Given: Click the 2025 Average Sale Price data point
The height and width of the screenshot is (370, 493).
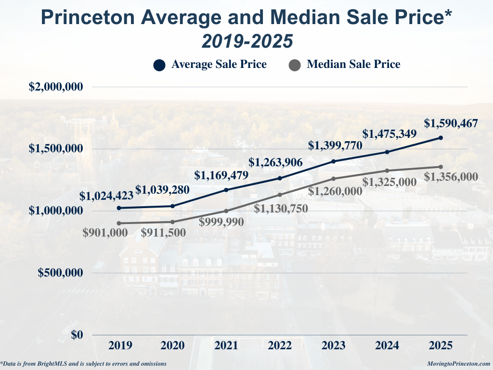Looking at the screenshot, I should pyautogui.click(x=441, y=138).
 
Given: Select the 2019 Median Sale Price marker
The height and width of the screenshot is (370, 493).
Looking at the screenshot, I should pyautogui.click(x=119, y=223).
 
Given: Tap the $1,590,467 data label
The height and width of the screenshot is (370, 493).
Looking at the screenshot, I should pyautogui.click(x=451, y=124).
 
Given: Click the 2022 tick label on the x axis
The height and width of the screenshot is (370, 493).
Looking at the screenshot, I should pyautogui.click(x=280, y=345).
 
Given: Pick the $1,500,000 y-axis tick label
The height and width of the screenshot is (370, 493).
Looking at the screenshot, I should pyautogui.click(x=56, y=149).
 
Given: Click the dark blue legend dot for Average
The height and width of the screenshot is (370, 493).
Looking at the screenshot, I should pyautogui.click(x=159, y=65).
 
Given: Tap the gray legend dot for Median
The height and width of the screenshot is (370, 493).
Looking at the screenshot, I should pyautogui.click(x=295, y=65).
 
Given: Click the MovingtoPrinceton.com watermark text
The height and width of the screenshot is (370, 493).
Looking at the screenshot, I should pyautogui.click(x=458, y=364).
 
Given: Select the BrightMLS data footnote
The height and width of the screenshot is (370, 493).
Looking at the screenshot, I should pyautogui.click(x=84, y=364).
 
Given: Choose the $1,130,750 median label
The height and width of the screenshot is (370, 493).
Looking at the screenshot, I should pyautogui.click(x=281, y=209).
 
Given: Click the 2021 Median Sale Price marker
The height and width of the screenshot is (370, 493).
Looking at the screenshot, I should pyautogui.click(x=226, y=211).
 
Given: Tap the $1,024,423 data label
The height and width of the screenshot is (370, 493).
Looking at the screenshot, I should pyautogui.click(x=106, y=196).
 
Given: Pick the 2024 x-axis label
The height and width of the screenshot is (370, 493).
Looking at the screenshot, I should pyautogui.click(x=387, y=345).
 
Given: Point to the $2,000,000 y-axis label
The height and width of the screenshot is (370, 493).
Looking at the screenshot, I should pyautogui.click(x=56, y=87).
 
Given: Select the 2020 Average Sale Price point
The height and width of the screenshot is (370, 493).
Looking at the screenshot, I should pyautogui.click(x=173, y=206).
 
